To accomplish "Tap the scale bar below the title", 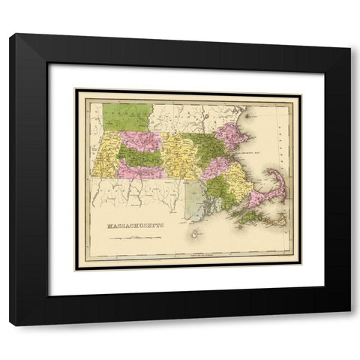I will click(x=135, y=238).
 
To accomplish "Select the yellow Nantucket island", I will click(x=280, y=220).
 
